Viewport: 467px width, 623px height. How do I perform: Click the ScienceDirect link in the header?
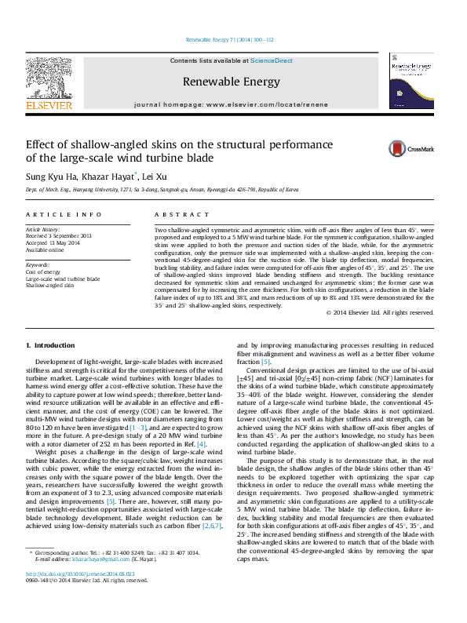[x=272, y=60]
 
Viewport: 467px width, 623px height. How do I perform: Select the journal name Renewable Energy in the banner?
[x=231, y=81]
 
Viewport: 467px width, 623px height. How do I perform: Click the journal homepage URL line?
[x=231, y=104]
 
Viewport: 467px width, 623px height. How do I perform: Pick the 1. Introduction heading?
[x=50, y=345]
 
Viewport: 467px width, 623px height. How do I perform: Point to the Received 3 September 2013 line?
[x=59, y=235]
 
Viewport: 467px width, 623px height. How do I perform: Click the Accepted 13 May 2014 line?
[x=53, y=242]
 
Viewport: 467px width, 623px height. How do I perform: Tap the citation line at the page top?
[x=230, y=39]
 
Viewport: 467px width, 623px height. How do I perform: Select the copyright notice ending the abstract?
[x=380, y=312]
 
